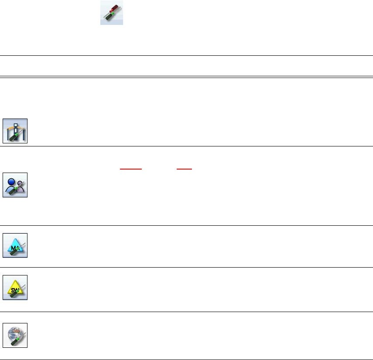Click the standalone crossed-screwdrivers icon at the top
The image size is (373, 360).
[x=112, y=13]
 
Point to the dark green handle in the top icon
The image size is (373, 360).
[x=106, y=18]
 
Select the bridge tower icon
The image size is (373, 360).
[x=15, y=131]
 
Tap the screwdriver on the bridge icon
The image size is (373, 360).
[x=12, y=137]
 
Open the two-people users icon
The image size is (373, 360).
[x=15, y=185]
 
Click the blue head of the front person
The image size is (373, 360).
[x=12, y=179]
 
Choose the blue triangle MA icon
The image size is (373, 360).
[x=15, y=245]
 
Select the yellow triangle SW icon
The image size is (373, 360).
[x=15, y=287]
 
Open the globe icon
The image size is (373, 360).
[x=15, y=335]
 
